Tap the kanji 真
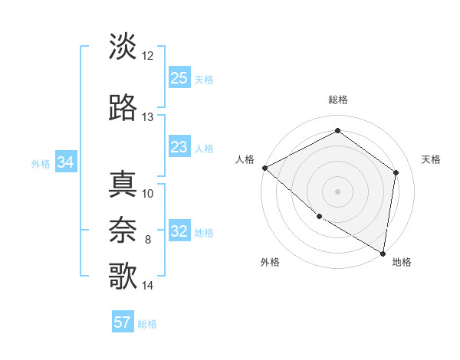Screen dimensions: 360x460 pyautogui.click(x=123, y=185)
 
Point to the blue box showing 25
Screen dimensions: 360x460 pyautogui.click(x=179, y=77)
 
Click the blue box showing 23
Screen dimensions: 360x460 pyautogui.click(x=179, y=147)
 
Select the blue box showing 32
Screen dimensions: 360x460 pyautogui.click(x=179, y=231)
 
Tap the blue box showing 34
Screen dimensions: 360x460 pyautogui.click(x=65, y=162)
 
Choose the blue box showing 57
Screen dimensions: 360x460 pyautogui.click(x=123, y=322)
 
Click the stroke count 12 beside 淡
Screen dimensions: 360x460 pyautogui.click(x=148, y=56)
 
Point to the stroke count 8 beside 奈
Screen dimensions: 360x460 pyautogui.click(x=148, y=240)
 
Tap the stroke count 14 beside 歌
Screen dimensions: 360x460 pyautogui.click(x=148, y=286)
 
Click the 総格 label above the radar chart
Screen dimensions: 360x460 pyautogui.click(x=337, y=100)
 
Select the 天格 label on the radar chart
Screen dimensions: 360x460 pyautogui.click(x=431, y=159)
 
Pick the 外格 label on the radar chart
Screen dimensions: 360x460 pyautogui.click(x=270, y=262)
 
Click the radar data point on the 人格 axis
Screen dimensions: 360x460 pyautogui.click(x=264, y=168)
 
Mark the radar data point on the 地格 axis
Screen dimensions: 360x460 pyautogui.click(x=383, y=253)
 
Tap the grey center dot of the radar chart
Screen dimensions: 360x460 pyautogui.click(x=337, y=191)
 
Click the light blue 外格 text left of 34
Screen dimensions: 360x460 pyautogui.click(x=41, y=163)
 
